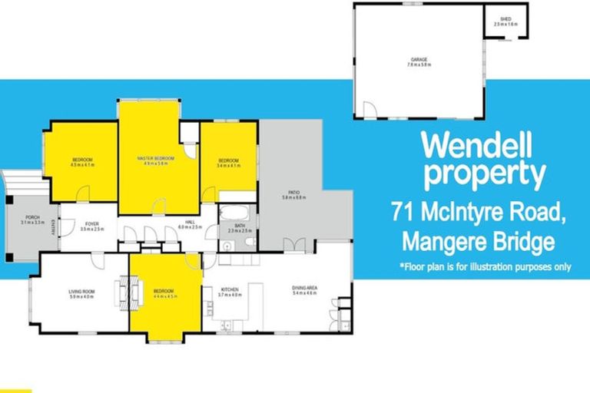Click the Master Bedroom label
coord(155,159)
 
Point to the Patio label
coord(293,196)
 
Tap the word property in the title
coord(484,175)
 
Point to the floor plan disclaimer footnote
coord(485,267)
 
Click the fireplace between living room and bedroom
coord(128,291)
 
